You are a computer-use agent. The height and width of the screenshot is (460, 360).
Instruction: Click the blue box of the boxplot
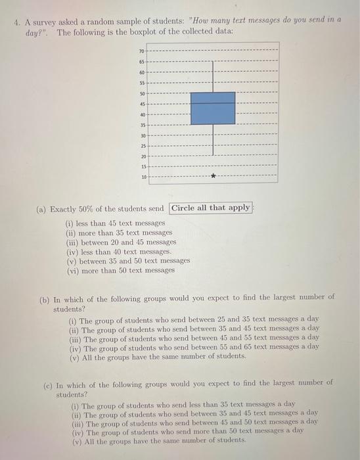point(212,108)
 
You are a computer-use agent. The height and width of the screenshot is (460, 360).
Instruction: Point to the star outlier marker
point(213,177)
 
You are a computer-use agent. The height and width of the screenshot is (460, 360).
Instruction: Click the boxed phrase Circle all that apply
point(210,208)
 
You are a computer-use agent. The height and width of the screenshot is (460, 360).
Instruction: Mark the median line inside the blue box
point(212,103)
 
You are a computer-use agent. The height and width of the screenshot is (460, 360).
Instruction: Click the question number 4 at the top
point(18,22)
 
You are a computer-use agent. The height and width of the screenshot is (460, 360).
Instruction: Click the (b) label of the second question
point(45,297)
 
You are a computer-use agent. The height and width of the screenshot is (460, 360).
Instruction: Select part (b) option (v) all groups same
point(158,356)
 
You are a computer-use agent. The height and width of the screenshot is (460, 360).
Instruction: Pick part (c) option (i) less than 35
point(184,404)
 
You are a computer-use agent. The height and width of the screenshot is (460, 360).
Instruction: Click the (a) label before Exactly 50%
point(41,208)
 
